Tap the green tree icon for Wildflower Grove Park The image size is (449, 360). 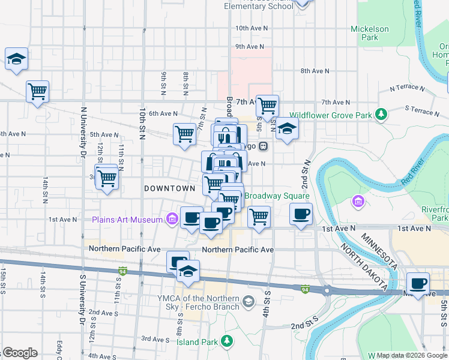click(380, 114)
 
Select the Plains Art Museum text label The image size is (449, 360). click(127, 220)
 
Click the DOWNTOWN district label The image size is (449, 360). click(170, 188)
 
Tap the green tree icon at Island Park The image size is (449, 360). click(226, 342)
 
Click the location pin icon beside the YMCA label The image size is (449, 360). click(249, 301)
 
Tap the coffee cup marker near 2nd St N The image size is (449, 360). click(301, 214)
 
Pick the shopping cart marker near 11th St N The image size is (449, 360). click(107, 178)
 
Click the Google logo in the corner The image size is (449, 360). click(20, 353)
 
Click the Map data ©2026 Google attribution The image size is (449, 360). click(411, 355)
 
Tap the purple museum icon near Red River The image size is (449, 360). click(359, 201)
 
